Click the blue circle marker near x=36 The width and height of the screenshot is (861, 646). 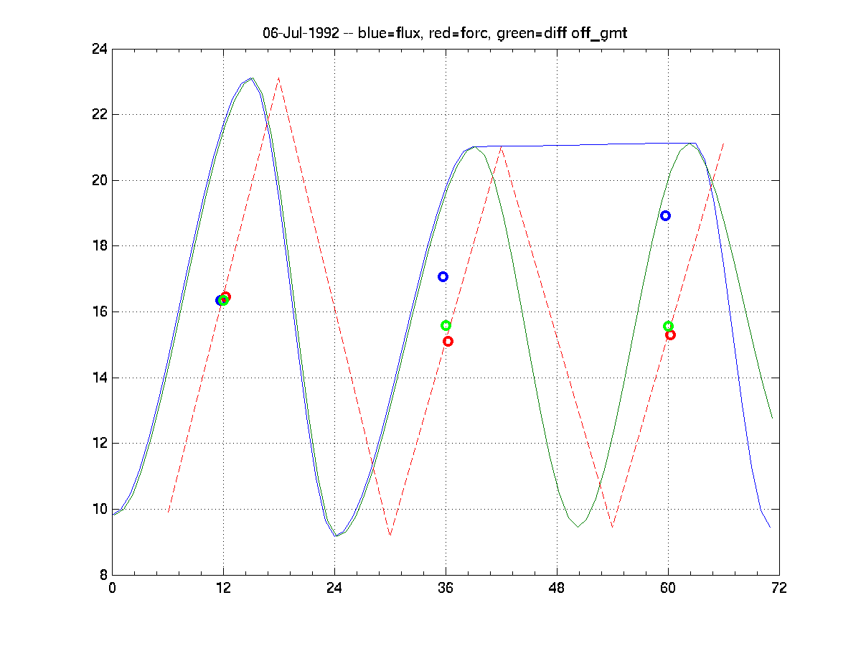(x=443, y=276)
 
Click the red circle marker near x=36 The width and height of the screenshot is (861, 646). (x=448, y=341)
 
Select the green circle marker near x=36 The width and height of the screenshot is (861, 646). (x=446, y=325)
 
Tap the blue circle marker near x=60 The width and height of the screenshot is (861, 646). (x=665, y=215)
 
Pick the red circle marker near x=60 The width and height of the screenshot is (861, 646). (x=670, y=334)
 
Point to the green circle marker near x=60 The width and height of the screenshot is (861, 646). (x=668, y=326)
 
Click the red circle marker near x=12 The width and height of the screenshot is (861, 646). (x=226, y=296)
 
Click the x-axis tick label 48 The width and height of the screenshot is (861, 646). (x=557, y=588)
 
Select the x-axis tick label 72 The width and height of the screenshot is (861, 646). (x=779, y=588)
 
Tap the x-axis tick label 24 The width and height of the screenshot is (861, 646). (x=334, y=588)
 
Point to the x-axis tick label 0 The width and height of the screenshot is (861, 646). (x=112, y=588)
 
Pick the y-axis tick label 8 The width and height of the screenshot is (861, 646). (x=102, y=575)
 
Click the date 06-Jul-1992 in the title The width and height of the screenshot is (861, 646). (x=301, y=33)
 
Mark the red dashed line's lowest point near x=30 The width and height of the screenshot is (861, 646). (x=390, y=535)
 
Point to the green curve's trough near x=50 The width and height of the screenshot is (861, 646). (x=578, y=527)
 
